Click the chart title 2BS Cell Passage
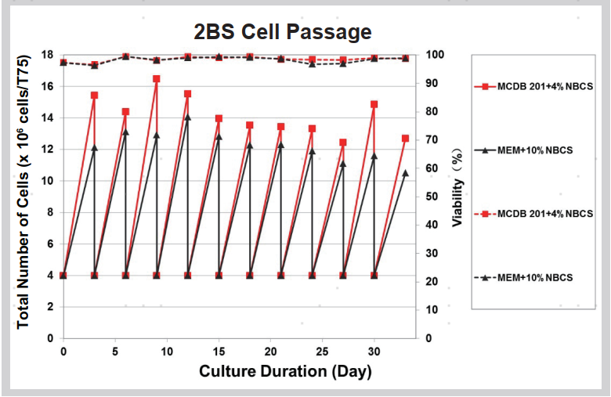tap(283, 32)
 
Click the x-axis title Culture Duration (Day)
tap(285, 371)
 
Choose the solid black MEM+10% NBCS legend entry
tap(530, 150)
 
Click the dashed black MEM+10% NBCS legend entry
tap(530, 278)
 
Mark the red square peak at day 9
tap(157, 79)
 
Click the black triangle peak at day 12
tap(187, 117)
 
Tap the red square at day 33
tap(405, 139)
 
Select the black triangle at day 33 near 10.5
tap(405, 172)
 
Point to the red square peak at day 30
tap(374, 104)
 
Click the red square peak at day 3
tap(94, 96)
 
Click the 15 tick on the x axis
tap(219, 351)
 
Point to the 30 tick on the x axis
tap(374, 351)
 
